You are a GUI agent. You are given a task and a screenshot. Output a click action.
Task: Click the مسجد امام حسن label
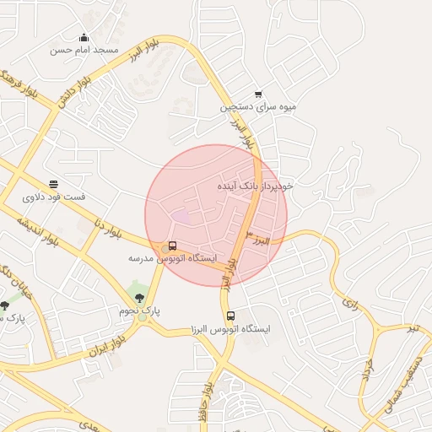pos(84,50)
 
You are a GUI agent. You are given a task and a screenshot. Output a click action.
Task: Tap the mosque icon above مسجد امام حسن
pos(84,37)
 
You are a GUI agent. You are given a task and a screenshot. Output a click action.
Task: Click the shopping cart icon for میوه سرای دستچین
pos(257,94)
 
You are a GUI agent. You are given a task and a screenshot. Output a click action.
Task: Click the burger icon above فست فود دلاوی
pos(54,184)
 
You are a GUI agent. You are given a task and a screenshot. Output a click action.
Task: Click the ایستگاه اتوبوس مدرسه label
pos(173,257)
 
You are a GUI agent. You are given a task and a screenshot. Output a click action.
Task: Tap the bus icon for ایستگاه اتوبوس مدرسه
pos(173,246)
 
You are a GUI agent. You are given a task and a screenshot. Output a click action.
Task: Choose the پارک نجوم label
pos(139,311)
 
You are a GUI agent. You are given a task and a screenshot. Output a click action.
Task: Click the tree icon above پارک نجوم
pos(140,298)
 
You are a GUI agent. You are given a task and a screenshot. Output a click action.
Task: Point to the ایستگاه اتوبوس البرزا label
pos(231,328)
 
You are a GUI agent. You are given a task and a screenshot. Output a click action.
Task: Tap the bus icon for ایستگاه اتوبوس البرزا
pos(231,316)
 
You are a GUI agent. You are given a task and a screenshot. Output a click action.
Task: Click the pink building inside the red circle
pos(181,217)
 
